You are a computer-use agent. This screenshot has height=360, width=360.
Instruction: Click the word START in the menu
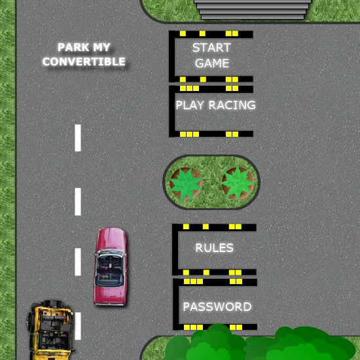pyautogui.click(x=211, y=48)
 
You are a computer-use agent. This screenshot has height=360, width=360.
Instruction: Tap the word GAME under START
pyautogui.click(x=212, y=63)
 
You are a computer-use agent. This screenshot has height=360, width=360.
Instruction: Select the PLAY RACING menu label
pyautogui.click(x=215, y=105)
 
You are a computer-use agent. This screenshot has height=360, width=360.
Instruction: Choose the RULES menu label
pyautogui.click(x=214, y=247)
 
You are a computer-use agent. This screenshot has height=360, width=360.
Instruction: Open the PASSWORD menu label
pyautogui.click(x=217, y=307)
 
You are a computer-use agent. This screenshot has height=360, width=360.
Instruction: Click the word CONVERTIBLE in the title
pyautogui.click(x=84, y=62)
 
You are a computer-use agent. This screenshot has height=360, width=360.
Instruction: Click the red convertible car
pyautogui.click(x=111, y=266)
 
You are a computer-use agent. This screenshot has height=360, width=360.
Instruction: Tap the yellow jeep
pyautogui.click(x=50, y=330)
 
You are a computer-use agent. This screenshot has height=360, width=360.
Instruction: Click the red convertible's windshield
pyautogui.click(x=110, y=254)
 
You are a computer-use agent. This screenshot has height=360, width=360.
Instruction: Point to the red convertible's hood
pyautogui.click(x=111, y=239)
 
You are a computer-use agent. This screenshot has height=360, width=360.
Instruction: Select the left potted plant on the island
pyautogui.click(x=186, y=184)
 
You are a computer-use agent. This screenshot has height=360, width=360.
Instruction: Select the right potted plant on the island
pyautogui.click(x=238, y=183)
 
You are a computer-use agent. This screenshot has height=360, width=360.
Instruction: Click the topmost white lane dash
pyautogui.click(x=78, y=137)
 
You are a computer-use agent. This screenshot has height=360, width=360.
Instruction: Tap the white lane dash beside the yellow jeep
pyautogui.click(x=78, y=326)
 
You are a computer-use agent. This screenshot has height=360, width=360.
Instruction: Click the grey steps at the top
pyautogui.click(x=253, y=9)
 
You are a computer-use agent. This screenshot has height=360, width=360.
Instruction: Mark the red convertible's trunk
pyautogui.click(x=110, y=295)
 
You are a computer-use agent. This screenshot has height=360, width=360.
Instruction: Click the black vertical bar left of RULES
pyautogui.click(x=175, y=249)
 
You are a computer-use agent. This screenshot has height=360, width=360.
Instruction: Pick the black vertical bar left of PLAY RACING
pyautogui.click(x=172, y=111)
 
